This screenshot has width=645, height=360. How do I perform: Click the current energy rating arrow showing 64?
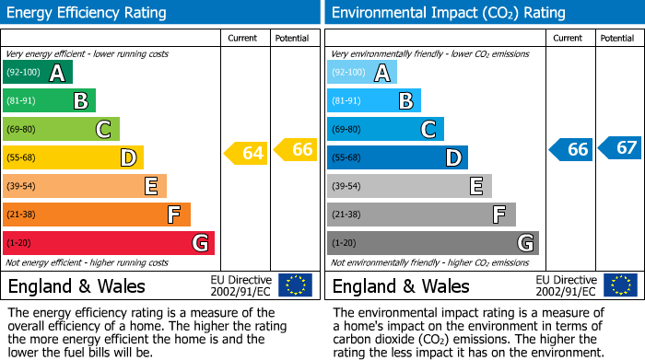pyautogui.click(x=247, y=154)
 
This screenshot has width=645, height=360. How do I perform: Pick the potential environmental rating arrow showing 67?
pyautogui.click(x=620, y=147)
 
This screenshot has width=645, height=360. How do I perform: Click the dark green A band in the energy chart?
pyautogui.click(x=38, y=73)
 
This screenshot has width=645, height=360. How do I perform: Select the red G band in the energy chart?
pyautogui.click(x=109, y=243)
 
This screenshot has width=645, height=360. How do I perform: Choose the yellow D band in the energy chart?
pyautogui.click(x=73, y=157)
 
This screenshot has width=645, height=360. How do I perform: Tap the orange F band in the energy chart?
pyautogui.click(x=97, y=215)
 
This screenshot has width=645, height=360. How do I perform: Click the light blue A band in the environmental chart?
pyautogui.click(x=362, y=73)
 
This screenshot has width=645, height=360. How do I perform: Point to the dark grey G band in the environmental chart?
pyautogui.click(x=433, y=243)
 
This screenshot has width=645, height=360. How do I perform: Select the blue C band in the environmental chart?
pyautogui.click(x=385, y=129)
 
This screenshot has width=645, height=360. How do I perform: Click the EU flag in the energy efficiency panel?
pyautogui.click(x=295, y=285)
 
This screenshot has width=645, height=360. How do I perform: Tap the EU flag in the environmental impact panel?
pyautogui.click(x=620, y=285)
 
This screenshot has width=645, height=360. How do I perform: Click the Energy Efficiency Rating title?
pyautogui.click(x=88, y=13)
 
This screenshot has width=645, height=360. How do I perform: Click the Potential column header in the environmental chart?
pyautogui.click(x=616, y=38)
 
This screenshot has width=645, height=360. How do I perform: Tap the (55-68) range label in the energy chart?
pyautogui.click(x=23, y=158)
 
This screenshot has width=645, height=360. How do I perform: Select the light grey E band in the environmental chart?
pyautogui.click(x=409, y=186)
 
